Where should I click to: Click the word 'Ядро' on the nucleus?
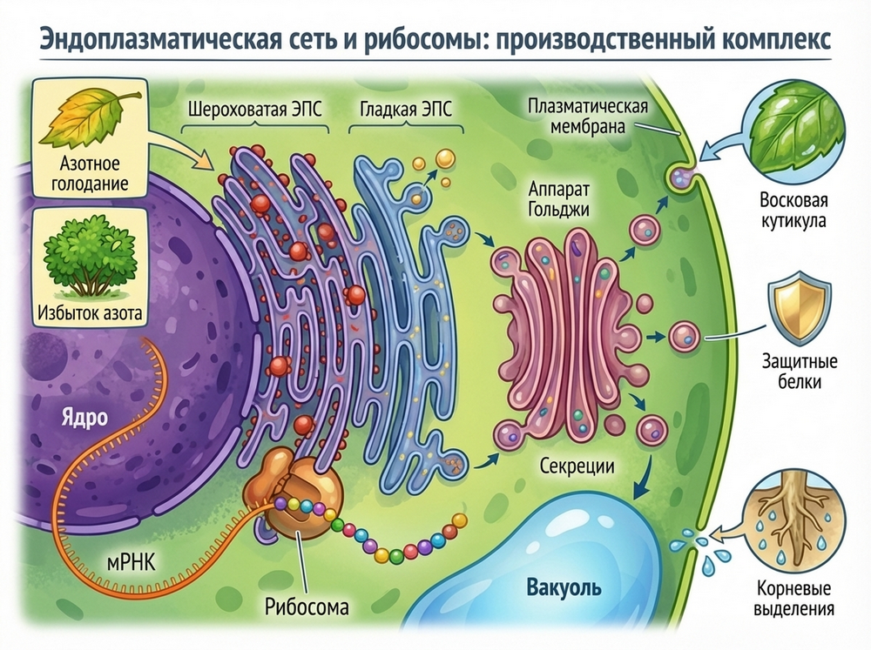point(84,416)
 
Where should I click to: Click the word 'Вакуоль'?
point(564,586)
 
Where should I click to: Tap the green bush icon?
point(84,252)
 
